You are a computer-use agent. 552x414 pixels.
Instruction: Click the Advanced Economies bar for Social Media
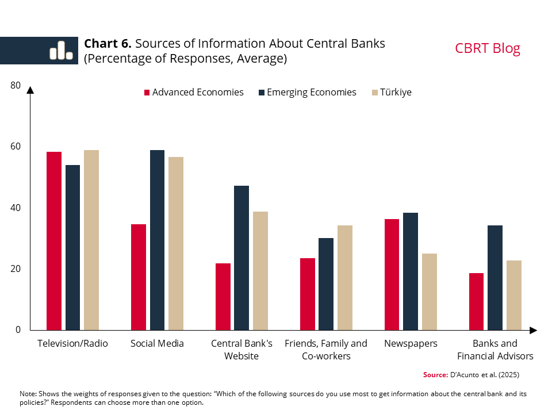[x=139, y=277]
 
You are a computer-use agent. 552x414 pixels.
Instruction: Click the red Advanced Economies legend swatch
[x=147, y=93]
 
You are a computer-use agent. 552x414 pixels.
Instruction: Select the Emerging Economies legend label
[x=311, y=93]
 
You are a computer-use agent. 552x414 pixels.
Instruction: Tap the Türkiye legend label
[x=396, y=93]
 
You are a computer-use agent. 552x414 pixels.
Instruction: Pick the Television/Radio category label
[x=72, y=344]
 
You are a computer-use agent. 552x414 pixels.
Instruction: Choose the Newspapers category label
[x=411, y=344]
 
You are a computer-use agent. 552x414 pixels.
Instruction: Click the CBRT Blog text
[x=487, y=48]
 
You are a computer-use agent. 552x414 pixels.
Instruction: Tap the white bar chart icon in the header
[x=60, y=51]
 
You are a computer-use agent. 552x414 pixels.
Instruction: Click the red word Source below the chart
[x=435, y=375]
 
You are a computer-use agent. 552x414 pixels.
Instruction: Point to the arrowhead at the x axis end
[x=533, y=330]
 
